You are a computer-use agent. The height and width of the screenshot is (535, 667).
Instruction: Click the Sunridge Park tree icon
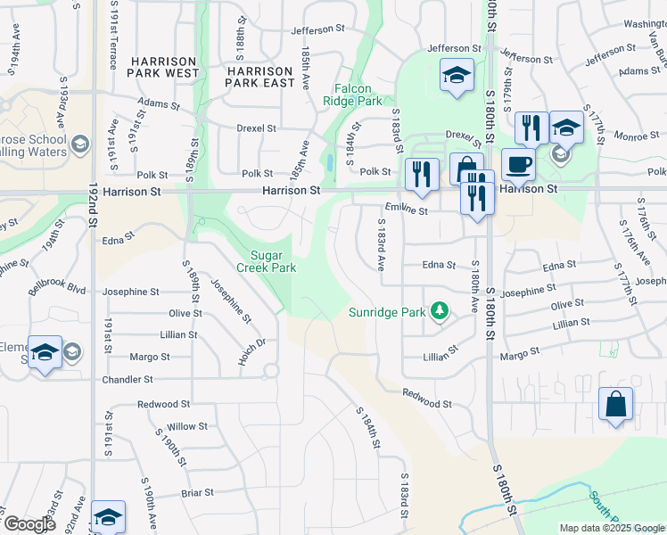pyautogui.click(x=439, y=311)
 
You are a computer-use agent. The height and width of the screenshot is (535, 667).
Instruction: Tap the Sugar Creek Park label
pyautogui.click(x=266, y=260)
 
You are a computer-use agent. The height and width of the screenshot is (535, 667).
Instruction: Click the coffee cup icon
pyautogui.click(x=518, y=165)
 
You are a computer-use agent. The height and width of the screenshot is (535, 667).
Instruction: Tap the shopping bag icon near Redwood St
pyautogui.click(x=616, y=406)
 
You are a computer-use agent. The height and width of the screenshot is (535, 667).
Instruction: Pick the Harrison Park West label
pyautogui.click(x=163, y=66)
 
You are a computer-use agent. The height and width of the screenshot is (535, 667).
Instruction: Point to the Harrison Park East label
pyautogui.click(x=259, y=77)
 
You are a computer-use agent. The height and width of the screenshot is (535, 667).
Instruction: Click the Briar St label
pyautogui.click(x=197, y=492)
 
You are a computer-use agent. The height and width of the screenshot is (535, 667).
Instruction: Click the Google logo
pyautogui.click(x=29, y=524)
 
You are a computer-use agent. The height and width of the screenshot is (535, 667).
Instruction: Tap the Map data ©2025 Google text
pyautogui.click(x=611, y=528)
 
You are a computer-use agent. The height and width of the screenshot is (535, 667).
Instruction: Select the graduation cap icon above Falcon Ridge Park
pyautogui.click(x=457, y=76)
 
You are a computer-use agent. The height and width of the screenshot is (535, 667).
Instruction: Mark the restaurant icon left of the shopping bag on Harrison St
pyautogui.click(x=421, y=175)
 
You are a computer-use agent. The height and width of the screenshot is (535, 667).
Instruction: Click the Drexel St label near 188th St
pyautogui.click(x=257, y=128)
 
